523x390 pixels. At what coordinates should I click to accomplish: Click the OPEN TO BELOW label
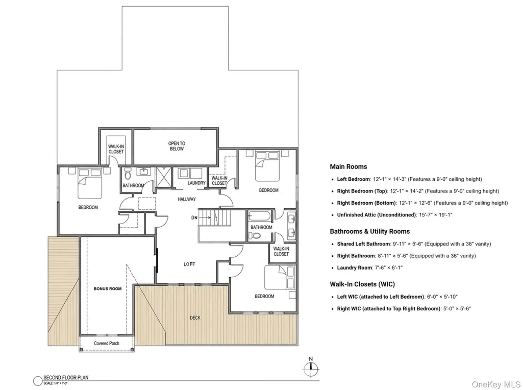coord(177,146)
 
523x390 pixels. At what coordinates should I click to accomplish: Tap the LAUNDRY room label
coord(196,183)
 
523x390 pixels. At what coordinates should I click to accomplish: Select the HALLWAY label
coord(187,199)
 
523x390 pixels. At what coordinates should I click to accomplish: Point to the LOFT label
coord(189,264)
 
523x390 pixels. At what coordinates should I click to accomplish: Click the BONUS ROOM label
coord(107,288)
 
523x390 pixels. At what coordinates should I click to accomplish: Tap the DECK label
coord(195,318)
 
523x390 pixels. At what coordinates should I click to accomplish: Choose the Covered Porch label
coord(107,344)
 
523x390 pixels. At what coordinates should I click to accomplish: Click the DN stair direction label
coord(194,218)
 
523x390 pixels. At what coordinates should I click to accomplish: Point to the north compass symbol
coord(311,369)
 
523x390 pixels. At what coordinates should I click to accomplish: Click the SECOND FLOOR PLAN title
coord(66,378)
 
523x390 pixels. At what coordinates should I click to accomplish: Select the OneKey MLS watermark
coord(496,384)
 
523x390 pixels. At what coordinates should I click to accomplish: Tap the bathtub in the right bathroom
coord(261,216)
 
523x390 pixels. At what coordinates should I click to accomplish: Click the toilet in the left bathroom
coord(128,174)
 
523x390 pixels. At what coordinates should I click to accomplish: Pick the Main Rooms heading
coord(348,166)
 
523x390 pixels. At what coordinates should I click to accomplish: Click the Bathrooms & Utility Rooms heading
coord(370,231)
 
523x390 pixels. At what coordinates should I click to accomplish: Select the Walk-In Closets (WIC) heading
coord(362,284)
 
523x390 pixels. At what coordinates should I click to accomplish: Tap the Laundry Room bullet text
coord(369,267)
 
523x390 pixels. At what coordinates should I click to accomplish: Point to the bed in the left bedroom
coord(90,183)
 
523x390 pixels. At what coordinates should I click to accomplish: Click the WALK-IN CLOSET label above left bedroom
coord(116,149)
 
